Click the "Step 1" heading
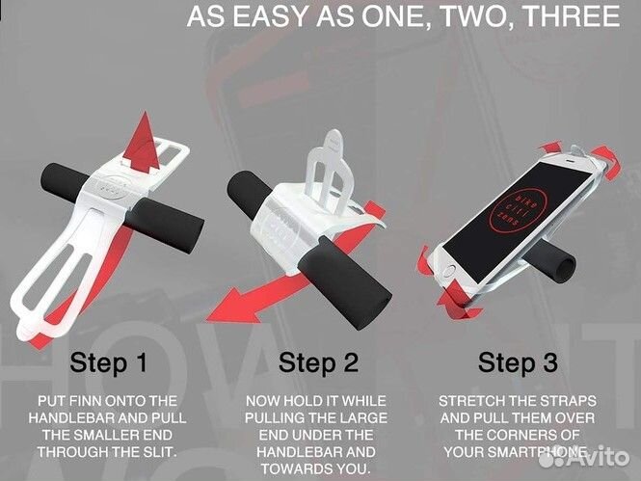point(108,362)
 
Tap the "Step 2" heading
point(318,362)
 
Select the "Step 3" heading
point(518,362)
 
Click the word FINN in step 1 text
point(86,401)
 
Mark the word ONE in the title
point(387,16)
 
